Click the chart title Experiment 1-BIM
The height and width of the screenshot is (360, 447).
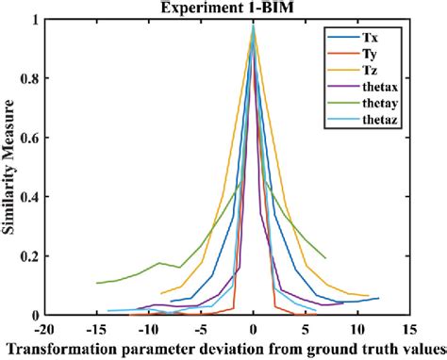point(253,8)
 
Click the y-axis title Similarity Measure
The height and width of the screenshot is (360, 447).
point(10,166)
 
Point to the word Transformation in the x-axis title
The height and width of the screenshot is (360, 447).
point(58,349)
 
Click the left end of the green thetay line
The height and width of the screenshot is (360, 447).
point(97,283)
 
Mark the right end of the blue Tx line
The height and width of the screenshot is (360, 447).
point(379,298)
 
